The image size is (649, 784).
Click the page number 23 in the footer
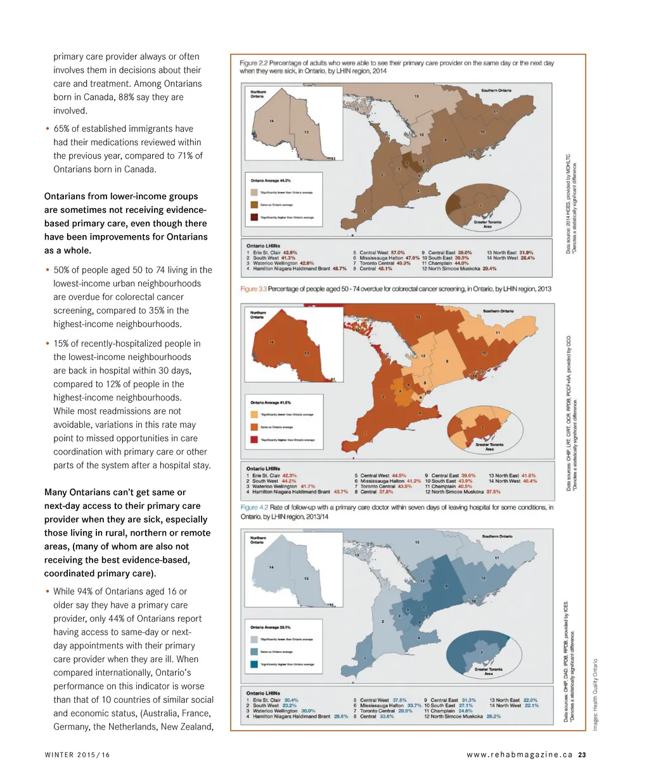click(x=582, y=754)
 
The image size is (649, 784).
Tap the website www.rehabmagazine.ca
click(x=519, y=754)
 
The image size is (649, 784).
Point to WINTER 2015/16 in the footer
click(x=77, y=754)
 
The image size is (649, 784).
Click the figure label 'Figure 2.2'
click(x=254, y=63)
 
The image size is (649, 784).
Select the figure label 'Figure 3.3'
click(x=254, y=289)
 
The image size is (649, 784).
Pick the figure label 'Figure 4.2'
click(x=255, y=507)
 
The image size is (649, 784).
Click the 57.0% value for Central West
click(x=397, y=252)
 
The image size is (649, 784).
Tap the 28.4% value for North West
click(x=527, y=258)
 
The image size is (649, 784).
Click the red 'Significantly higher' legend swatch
click(x=254, y=439)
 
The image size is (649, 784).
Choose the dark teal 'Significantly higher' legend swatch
click(x=254, y=664)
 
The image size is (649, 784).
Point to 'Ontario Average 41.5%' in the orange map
click(x=271, y=402)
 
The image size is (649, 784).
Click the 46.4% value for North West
click(x=529, y=481)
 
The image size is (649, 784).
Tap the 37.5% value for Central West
click(x=399, y=700)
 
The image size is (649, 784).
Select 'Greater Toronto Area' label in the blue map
click(x=488, y=671)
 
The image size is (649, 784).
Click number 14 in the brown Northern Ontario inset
click(x=271, y=121)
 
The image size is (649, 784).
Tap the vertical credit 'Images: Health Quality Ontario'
click(x=595, y=695)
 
